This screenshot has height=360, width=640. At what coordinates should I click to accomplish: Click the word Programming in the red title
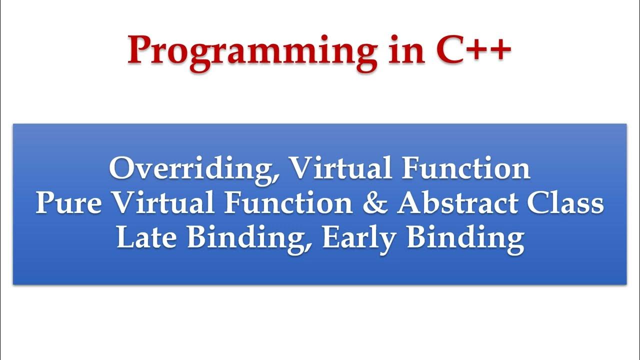pyautogui.click(x=252, y=53)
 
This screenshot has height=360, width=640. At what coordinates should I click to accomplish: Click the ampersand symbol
pyautogui.click(x=375, y=203)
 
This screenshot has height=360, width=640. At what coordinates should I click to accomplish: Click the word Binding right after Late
pyautogui.click(x=248, y=239)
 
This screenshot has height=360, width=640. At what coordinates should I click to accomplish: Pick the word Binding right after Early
pyautogui.click(x=465, y=239)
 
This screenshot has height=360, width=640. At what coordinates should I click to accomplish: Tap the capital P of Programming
pyautogui.click(x=141, y=49)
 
